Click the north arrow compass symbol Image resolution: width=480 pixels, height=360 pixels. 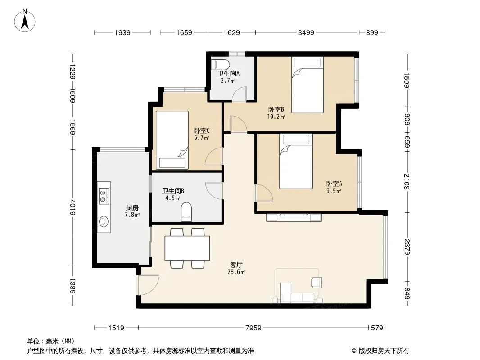[25, 21]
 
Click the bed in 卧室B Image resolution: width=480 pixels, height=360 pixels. [308, 85]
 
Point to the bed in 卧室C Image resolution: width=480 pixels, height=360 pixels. [172, 140]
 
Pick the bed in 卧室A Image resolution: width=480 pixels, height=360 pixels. [296, 161]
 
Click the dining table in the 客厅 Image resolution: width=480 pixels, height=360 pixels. [187, 248]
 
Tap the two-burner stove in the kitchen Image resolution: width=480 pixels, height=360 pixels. [104, 196]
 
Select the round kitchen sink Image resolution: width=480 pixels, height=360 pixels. [104, 221]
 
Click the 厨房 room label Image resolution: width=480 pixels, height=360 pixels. [132, 208]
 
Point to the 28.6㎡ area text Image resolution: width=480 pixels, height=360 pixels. [236, 272]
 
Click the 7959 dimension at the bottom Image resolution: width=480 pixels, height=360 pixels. [254, 328]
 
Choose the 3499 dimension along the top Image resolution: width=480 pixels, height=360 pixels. [306, 32]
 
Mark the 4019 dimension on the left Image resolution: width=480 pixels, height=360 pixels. [72, 207]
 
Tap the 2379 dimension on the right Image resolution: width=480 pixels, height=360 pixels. [407, 247]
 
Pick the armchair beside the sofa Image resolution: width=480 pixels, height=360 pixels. [317, 282]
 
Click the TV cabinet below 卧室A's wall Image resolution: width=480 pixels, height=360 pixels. [294, 217]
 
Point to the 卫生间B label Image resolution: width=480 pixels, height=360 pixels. [173, 191]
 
